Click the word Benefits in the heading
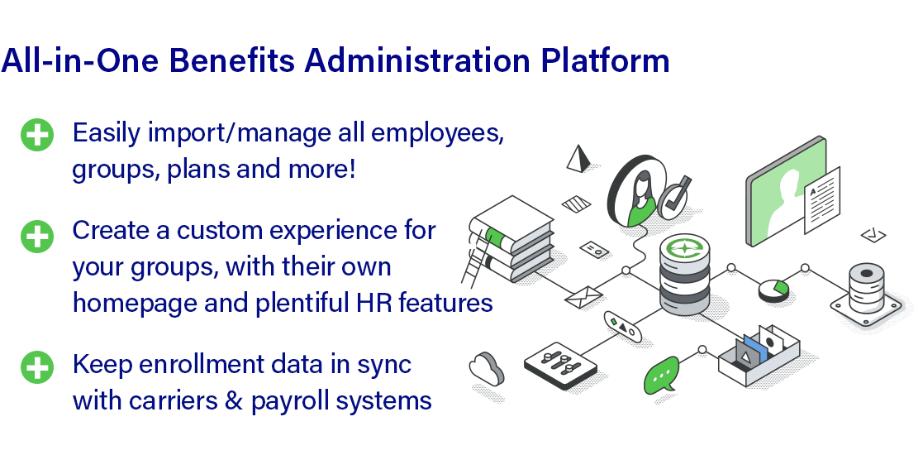pyautogui.click(x=232, y=60)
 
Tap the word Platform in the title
pyautogui.click(x=605, y=60)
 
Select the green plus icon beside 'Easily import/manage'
pyautogui.click(x=37, y=135)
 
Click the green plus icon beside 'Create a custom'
pyautogui.click(x=37, y=237)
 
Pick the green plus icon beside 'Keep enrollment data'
pyautogui.click(x=37, y=367)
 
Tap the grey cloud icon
pyautogui.click(x=487, y=369)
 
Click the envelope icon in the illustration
pyautogui.click(x=583, y=296)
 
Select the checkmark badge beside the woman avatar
pyautogui.click(x=674, y=198)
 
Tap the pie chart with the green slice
pyautogui.click(x=773, y=290)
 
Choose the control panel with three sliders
pyautogui.click(x=559, y=366)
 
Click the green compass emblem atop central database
pyautogui.click(x=684, y=248)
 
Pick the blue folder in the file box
pyautogui.click(x=756, y=349)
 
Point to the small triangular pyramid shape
pyautogui.click(x=578, y=159)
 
